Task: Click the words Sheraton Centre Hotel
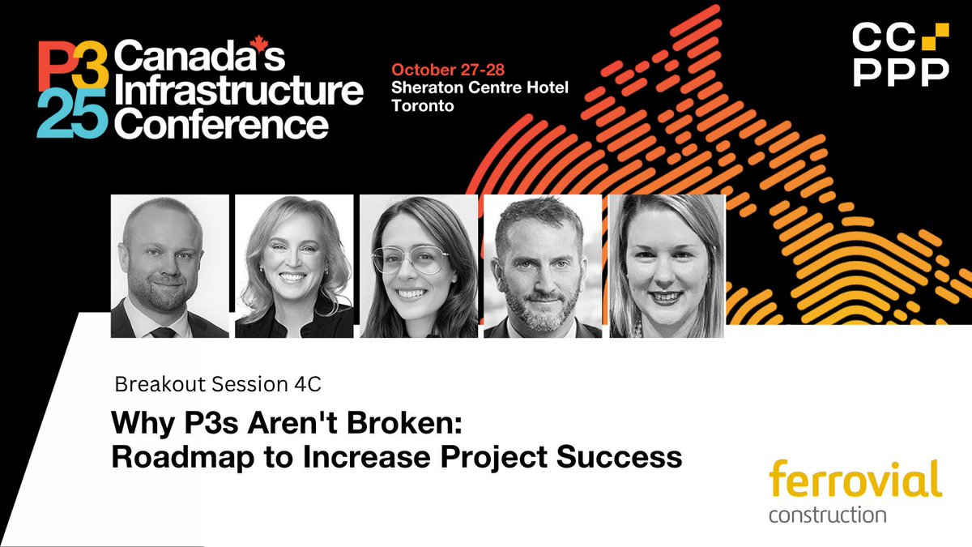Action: [x=480, y=88]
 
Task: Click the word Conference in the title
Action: [x=221, y=123]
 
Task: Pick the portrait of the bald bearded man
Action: [x=169, y=266]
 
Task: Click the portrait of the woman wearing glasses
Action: [x=418, y=266]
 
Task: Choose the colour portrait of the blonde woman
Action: [x=294, y=266]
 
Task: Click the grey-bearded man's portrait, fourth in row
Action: [x=542, y=266]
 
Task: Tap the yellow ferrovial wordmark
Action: [x=855, y=480]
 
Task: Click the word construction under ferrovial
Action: [x=827, y=515]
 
